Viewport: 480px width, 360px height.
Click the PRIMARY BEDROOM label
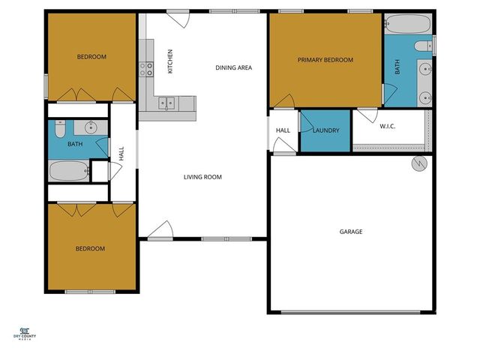pyautogui.click(x=325, y=60)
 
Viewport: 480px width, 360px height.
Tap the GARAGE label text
pyautogui.click(x=351, y=232)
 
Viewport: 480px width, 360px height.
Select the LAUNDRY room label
pyautogui.click(x=325, y=130)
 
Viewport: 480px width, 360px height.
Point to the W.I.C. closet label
pyautogui.click(x=387, y=126)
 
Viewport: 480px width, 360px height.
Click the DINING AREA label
pyautogui.click(x=233, y=67)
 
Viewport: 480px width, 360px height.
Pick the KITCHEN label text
pyautogui.click(x=170, y=61)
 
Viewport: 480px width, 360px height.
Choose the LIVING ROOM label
pyautogui.click(x=202, y=177)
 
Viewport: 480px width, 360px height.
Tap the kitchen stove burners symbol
pyautogui.click(x=145, y=70)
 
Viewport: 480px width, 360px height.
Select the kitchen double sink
pyautogui.click(x=166, y=103)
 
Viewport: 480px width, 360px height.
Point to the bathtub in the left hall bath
pyautogui.click(x=69, y=171)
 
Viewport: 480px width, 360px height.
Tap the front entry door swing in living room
pyautogui.click(x=161, y=231)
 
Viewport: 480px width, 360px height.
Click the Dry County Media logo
pyautogui.click(x=25, y=334)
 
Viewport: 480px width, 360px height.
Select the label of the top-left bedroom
pyautogui.click(x=91, y=57)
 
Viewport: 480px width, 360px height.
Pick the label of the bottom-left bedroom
pyautogui.click(x=90, y=248)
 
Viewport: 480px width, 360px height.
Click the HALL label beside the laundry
pyautogui.click(x=283, y=130)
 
